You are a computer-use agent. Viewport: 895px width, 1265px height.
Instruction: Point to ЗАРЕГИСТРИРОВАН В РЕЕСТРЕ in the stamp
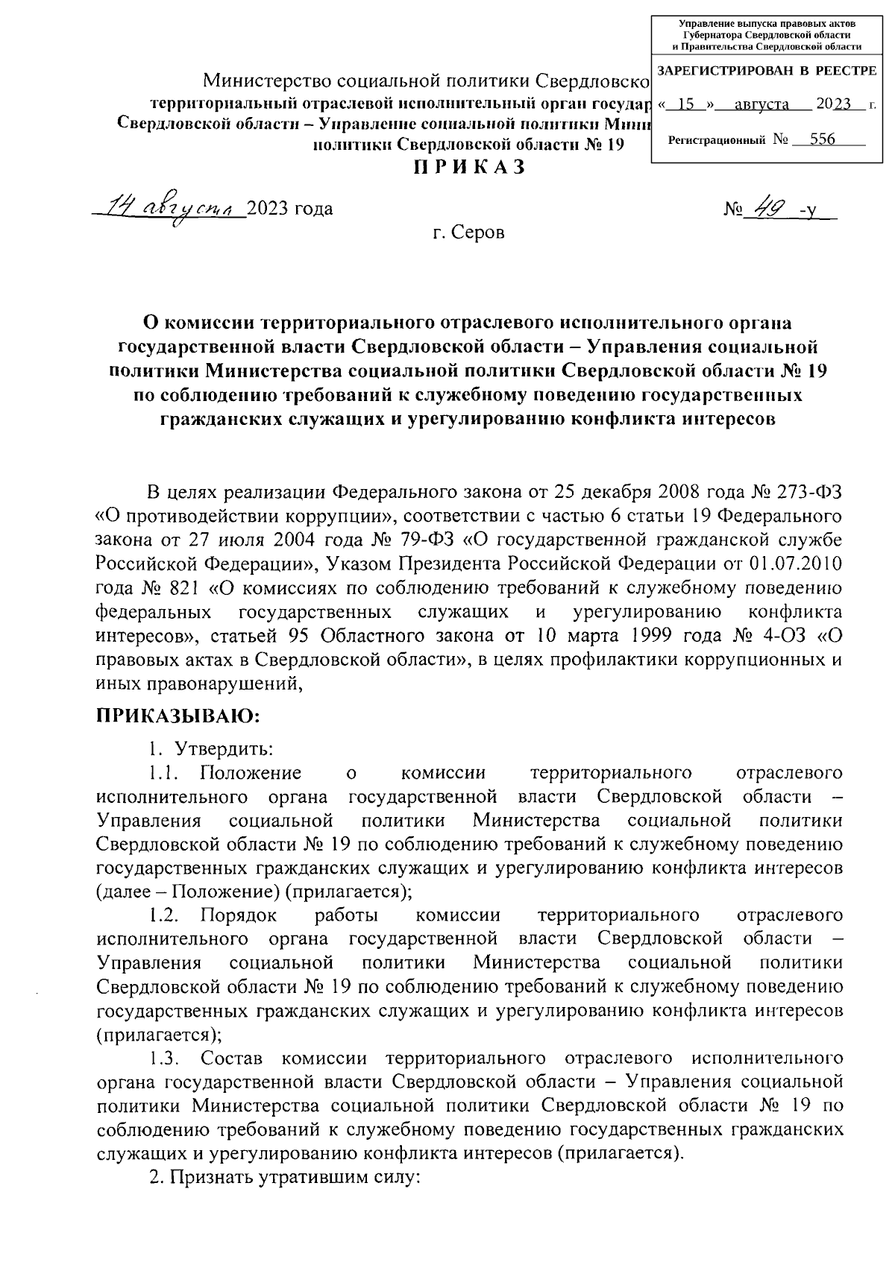pos(767,71)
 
